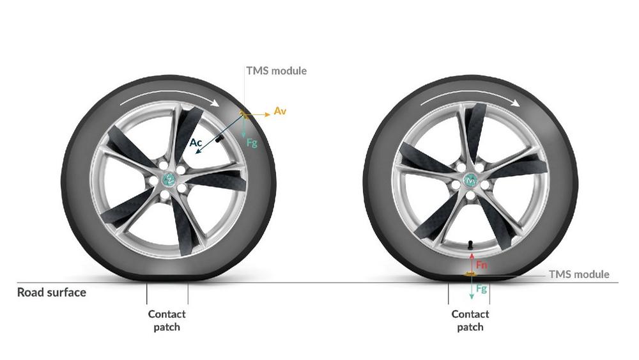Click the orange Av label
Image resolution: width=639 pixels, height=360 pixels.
tap(280, 111)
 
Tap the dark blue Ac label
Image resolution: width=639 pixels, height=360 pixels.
tap(196, 143)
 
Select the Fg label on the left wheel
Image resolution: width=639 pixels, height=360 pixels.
tap(252, 143)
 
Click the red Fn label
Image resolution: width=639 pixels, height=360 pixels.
tap(482, 265)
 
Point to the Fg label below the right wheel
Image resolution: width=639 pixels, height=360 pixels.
tap(482, 288)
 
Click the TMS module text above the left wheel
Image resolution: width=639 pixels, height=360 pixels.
tap(276, 70)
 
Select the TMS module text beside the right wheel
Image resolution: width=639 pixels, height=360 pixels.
tap(579, 274)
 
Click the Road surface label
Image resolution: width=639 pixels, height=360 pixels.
tap(52, 292)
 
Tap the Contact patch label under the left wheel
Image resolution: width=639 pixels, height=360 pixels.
tap(167, 320)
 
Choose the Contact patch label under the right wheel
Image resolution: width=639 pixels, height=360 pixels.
tap(470, 320)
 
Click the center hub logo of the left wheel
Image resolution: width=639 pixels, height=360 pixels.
tap(169, 178)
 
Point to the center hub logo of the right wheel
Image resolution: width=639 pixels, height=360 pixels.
tap(471, 180)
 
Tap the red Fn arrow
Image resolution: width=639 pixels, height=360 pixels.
tap(472, 262)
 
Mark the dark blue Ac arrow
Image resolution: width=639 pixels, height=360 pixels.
tap(220, 134)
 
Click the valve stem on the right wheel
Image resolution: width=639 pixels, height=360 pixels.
tap(470, 245)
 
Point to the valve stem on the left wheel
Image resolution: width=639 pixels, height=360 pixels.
tap(220, 139)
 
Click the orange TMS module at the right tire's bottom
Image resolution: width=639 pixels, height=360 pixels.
tap(470, 274)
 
